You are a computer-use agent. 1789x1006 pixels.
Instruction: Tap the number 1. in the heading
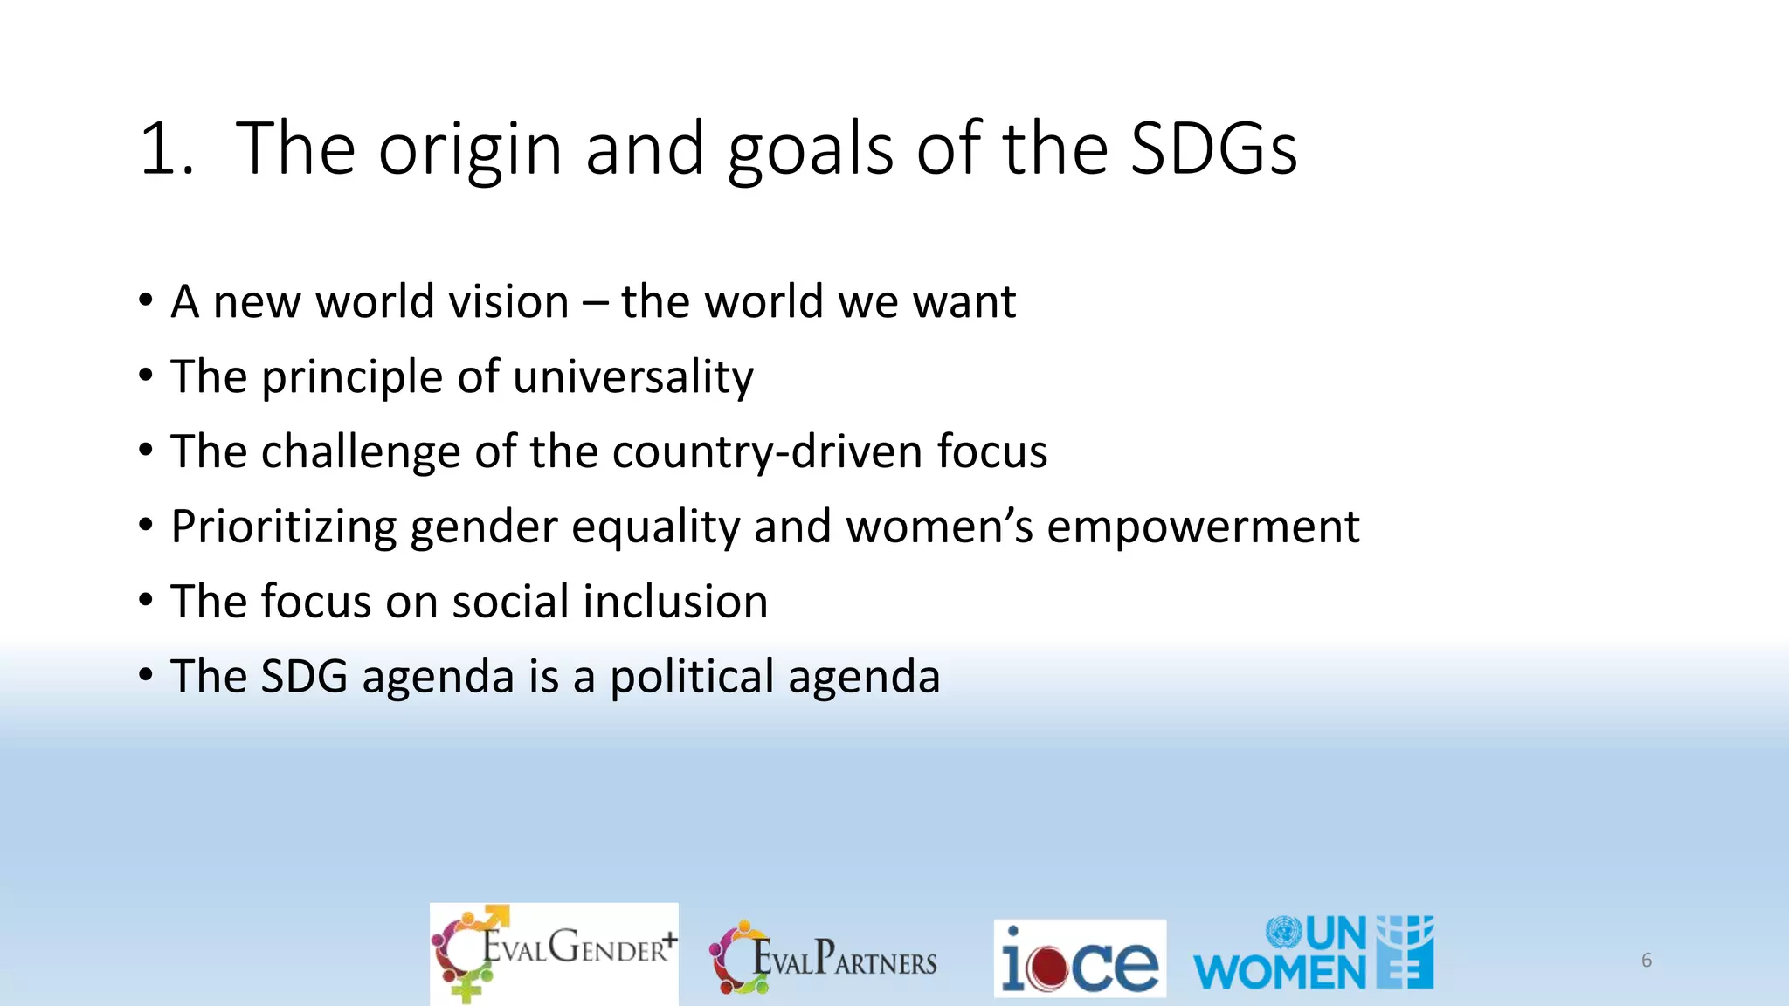[166, 148]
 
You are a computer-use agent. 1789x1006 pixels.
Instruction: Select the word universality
[633, 377]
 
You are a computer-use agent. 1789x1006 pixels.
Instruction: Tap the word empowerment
[1203, 527]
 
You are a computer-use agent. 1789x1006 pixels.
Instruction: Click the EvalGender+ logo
[554, 953]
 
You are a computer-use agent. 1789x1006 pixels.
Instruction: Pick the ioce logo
[1080, 958]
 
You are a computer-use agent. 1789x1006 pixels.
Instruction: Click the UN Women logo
[1313, 954]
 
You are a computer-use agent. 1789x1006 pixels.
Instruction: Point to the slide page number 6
[1647, 961]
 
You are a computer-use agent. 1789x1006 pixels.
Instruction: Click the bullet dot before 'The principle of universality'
[146, 376]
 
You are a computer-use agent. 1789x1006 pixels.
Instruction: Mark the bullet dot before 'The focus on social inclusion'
[146, 601]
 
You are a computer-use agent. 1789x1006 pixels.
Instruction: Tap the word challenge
[361, 452]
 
